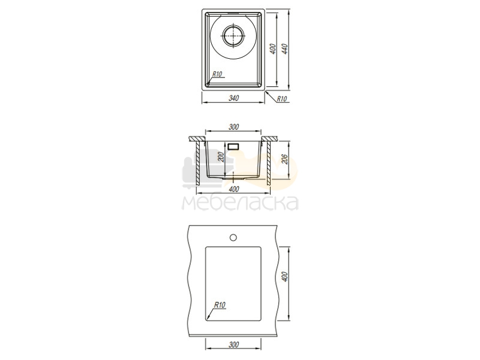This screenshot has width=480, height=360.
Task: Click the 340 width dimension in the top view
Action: click(x=233, y=98)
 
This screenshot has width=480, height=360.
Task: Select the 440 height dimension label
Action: click(x=284, y=49)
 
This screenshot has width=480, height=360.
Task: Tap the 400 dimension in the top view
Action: click(x=274, y=49)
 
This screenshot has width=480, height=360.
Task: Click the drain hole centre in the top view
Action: click(x=233, y=35)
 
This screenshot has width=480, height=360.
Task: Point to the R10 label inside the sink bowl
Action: click(x=217, y=74)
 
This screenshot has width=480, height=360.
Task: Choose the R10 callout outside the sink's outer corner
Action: click(x=281, y=99)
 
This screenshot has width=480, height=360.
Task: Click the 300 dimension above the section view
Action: click(x=233, y=127)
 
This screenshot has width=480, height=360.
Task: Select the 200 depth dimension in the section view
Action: click(x=222, y=157)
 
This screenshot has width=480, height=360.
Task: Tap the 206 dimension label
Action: click(x=284, y=159)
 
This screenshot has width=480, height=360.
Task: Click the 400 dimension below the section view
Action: click(x=233, y=189)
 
